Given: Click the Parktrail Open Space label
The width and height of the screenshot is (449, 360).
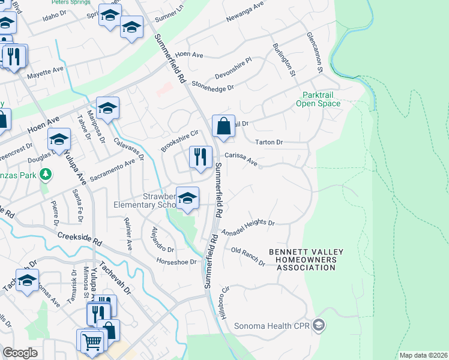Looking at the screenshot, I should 318,99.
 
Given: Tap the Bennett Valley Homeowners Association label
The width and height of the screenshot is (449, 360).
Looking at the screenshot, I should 302,260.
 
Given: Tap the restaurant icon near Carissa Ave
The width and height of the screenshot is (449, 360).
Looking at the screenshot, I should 200,157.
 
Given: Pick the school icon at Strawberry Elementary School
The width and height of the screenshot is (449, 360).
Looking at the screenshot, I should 188,199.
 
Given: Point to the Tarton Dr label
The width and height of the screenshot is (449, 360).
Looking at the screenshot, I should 268,142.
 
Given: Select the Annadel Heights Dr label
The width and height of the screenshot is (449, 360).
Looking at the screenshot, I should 248,227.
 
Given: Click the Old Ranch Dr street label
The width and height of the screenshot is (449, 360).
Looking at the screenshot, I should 248,256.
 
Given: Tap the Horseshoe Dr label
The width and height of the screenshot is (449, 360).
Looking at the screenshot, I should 176,262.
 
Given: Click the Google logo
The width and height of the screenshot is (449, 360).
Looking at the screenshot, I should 20,353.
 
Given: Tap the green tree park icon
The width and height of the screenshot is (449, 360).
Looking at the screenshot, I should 45,175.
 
